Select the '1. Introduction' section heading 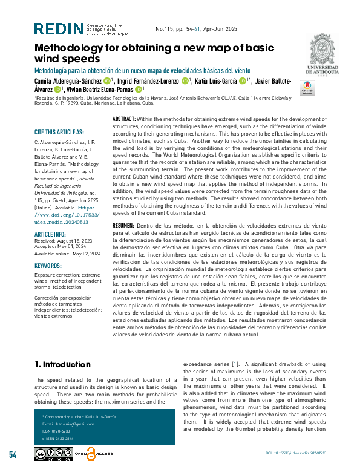coord(62,364)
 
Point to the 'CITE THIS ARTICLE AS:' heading coord(59,132)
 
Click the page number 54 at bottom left coord(13,454)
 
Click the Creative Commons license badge coord(53,454)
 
